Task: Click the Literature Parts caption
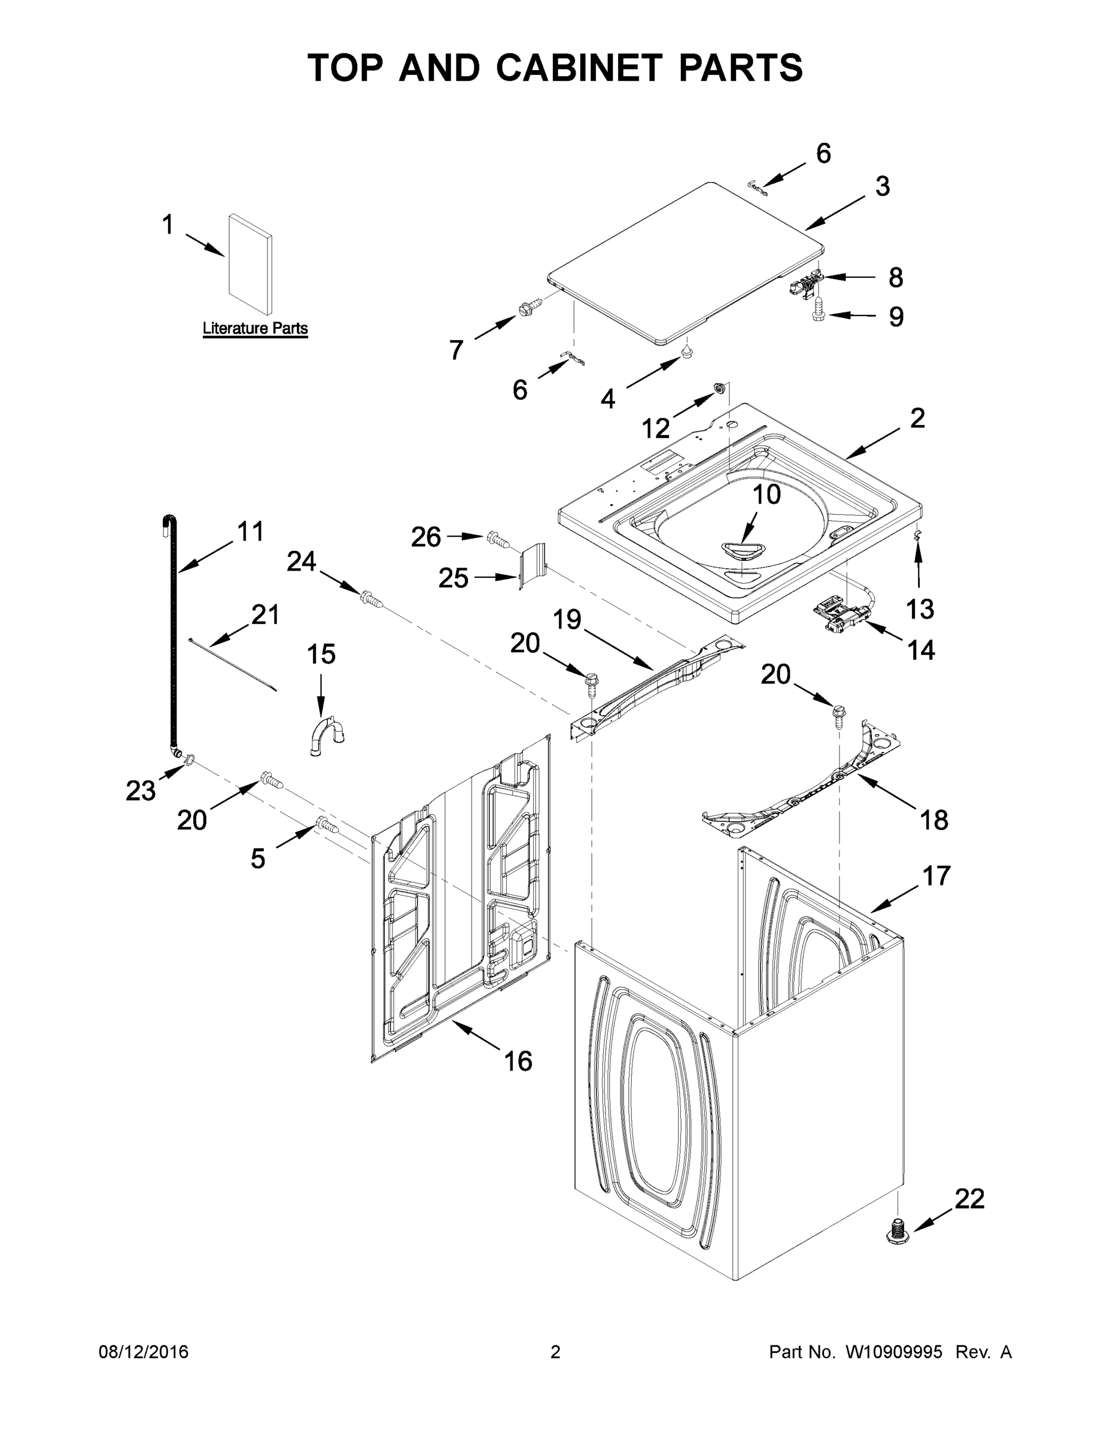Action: coord(255,328)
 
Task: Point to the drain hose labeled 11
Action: coord(171,632)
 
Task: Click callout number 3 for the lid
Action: coord(883,187)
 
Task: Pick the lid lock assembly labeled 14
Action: coord(840,614)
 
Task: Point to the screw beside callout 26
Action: coord(498,541)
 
